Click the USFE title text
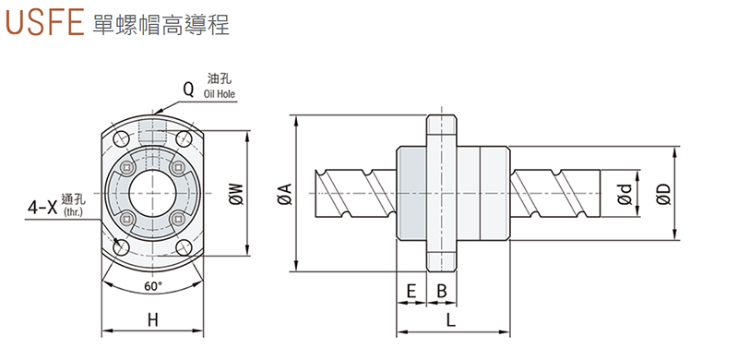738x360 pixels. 44,21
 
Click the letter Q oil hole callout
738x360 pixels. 188,90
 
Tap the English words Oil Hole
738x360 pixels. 220,93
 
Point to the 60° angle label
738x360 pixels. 153,286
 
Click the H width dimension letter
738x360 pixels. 152,320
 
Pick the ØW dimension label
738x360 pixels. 237,194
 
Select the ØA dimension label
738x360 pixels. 285,194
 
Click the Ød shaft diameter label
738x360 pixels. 625,194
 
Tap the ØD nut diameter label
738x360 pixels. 663,194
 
